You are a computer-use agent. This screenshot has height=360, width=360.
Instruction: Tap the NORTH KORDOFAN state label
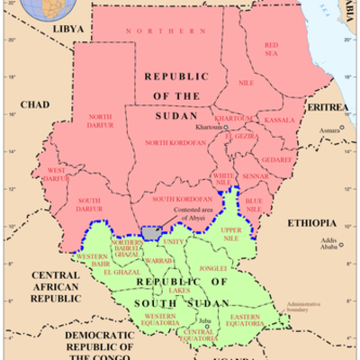pyautogui.click(x=170, y=143)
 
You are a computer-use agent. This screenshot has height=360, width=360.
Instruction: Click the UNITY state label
pyautogui.click(x=175, y=241)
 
